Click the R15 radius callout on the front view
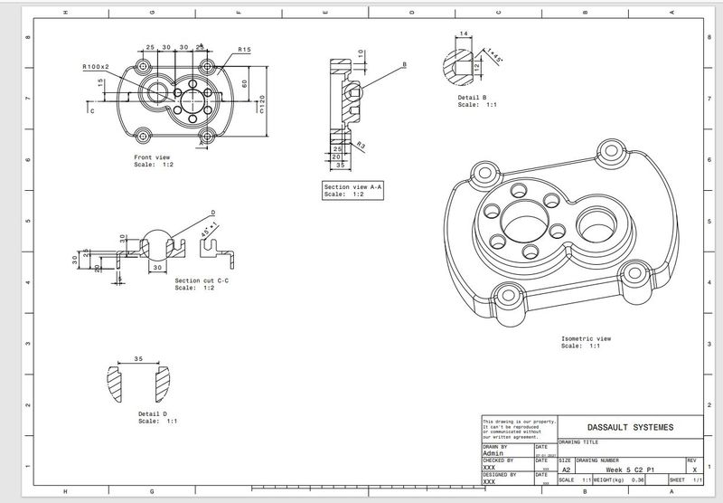coord(244,50)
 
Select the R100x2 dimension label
coord(95,67)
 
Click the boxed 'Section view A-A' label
coord(353,187)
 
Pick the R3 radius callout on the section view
coord(360,145)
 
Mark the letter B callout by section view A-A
coord(404,65)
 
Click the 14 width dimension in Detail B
coord(465,33)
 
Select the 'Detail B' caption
coord(473,97)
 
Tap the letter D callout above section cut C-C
coord(213,212)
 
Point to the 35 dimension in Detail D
coord(138,358)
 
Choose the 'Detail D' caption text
coord(154,414)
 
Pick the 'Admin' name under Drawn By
coord(494,454)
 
